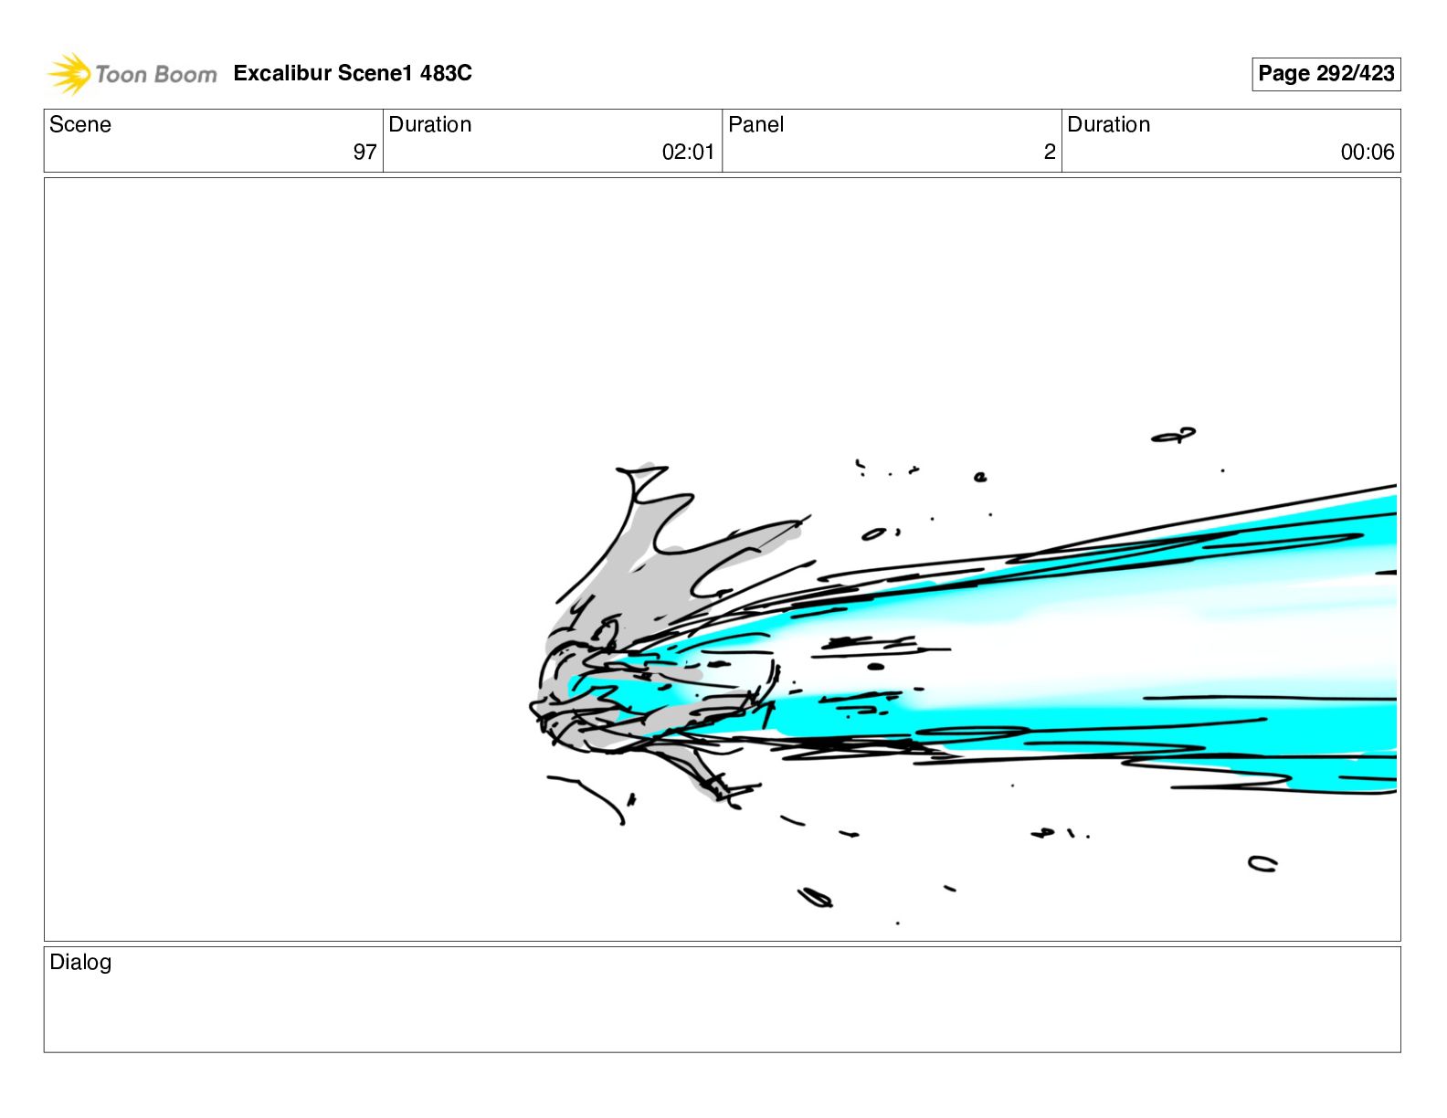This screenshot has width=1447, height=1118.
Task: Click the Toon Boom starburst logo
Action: (x=69, y=73)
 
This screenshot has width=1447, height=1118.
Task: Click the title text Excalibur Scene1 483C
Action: (x=353, y=72)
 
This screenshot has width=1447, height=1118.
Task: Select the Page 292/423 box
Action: (x=1326, y=74)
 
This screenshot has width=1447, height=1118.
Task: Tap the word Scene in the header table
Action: (x=79, y=124)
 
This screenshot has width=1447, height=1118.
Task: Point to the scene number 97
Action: (x=364, y=152)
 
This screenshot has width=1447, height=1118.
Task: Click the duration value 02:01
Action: (x=688, y=152)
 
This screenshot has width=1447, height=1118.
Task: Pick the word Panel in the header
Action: (x=755, y=124)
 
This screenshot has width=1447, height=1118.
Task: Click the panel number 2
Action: (x=1050, y=152)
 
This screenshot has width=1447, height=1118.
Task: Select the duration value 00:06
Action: (x=1368, y=152)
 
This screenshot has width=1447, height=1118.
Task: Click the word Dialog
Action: (x=80, y=962)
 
